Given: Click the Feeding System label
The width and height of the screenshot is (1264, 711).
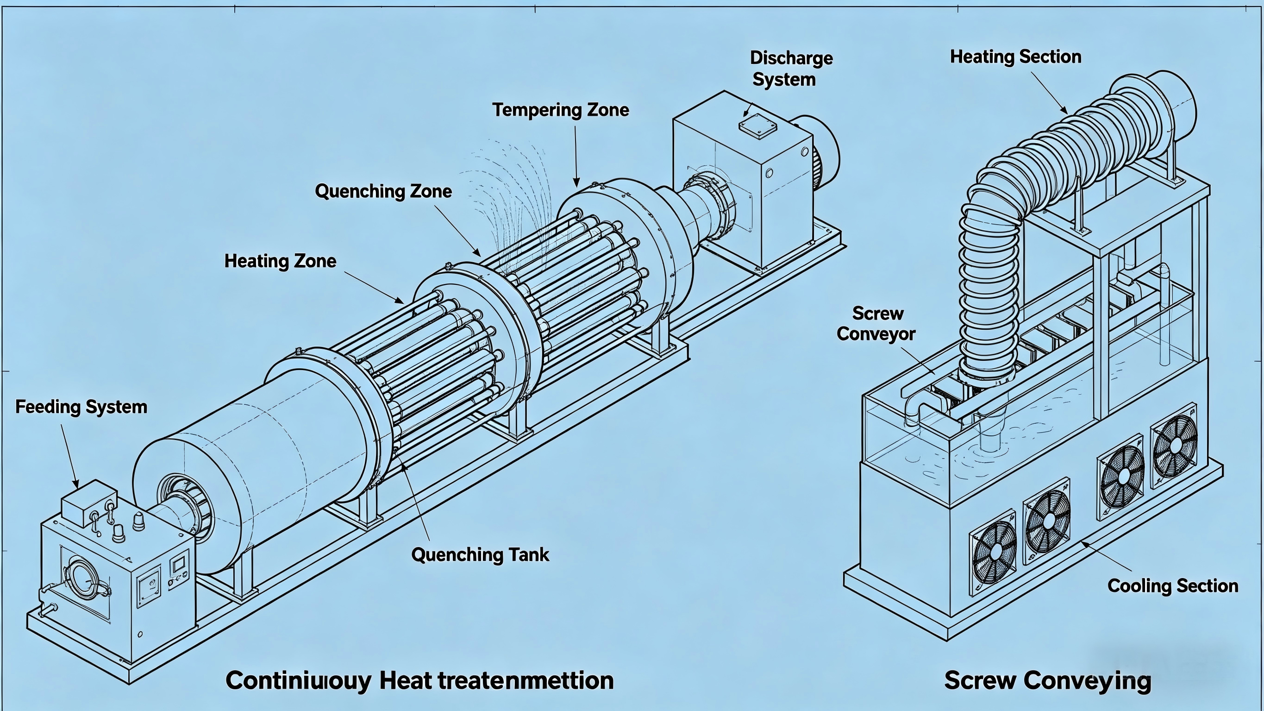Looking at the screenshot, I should (x=81, y=407).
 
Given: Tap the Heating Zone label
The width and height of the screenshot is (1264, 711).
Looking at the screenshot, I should (x=280, y=261).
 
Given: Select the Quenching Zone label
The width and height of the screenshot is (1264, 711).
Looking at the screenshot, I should (x=383, y=191).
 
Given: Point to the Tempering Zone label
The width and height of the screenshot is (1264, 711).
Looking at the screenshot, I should (x=560, y=110).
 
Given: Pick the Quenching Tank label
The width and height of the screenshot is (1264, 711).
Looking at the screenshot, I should (x=480, y=555).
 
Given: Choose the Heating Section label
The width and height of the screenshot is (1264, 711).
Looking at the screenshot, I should (x=1015, y=57).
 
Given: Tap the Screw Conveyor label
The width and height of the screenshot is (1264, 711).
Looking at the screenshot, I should (x=876, y=324).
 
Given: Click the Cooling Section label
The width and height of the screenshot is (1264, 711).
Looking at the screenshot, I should (x=1173, y=586).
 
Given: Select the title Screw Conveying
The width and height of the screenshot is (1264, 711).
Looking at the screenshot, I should (x=1048, y=680).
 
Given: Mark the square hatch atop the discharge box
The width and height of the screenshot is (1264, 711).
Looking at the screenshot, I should (x=757, y=126).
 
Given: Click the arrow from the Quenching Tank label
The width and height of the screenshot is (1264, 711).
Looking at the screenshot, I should (x=416, y=501).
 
